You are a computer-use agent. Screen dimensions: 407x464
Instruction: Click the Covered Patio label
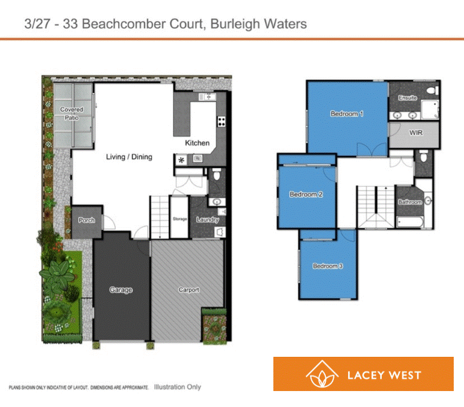click(x=72, y=113)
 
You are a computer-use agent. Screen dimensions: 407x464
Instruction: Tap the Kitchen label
click(x=197, y=143)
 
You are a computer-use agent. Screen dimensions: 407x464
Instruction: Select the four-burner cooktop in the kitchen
click(x=220, y=122)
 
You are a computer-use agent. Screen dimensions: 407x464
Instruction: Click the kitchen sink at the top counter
click(x=205, y=97)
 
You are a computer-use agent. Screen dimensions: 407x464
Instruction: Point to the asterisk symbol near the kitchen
click(x=182, y=160)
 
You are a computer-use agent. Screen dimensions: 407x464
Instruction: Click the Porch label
click(x=87, y=221)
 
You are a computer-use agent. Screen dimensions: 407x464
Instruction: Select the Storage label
click(x=180, y=219)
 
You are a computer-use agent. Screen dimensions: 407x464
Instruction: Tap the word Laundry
click(x=207, y=219)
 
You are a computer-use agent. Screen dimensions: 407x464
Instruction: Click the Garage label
click(x=121, y=290)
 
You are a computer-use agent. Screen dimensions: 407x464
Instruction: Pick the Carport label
click(x=189, y=290)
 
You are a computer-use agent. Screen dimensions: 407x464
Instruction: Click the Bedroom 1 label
click(x=347, y=114)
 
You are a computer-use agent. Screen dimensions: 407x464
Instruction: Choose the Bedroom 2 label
click(x=306, y=194)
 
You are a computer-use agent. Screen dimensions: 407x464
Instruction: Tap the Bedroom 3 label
click(x=328, y=266)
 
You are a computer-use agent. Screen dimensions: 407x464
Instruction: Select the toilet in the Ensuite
click(x=432, y=90)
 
